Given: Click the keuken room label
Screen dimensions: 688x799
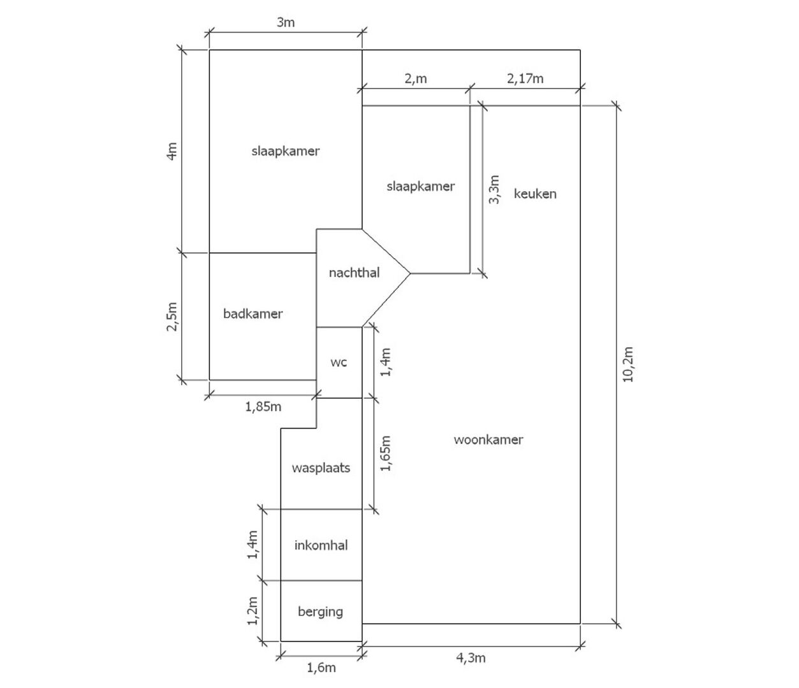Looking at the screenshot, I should (x=535, y=194).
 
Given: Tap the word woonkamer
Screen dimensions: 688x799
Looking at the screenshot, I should (x=488, y=440).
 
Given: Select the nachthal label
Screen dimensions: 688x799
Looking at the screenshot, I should (x=354, y=273).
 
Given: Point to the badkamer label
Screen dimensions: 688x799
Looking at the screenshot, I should (x=253, y=313).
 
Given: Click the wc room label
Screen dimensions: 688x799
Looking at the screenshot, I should (x=339, y=362).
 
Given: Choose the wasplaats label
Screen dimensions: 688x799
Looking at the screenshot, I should (x=321, y=468).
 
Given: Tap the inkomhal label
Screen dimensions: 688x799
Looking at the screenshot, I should (x=321, y=545).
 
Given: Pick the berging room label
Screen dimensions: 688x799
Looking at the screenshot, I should (x=320, y=612).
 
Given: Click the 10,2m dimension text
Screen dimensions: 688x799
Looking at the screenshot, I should (x=627, y=364).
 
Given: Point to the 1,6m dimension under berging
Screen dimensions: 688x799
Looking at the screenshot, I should (x=321, y=668).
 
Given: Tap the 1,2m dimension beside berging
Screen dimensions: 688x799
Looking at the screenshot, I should (x=253, y=611).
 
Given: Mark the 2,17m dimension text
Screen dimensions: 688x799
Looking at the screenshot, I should (x=525, y=78).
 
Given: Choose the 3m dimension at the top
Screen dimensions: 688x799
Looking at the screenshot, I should (x=286, y=22).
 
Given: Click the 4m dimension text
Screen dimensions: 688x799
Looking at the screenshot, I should (x=172, y=152).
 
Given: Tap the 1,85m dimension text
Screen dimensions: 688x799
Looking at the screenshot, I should (x=263, y=406).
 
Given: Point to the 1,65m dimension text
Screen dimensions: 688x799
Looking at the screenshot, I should (x=386, y=454).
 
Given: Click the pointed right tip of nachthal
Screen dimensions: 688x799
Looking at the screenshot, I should (x=410, y=273).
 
